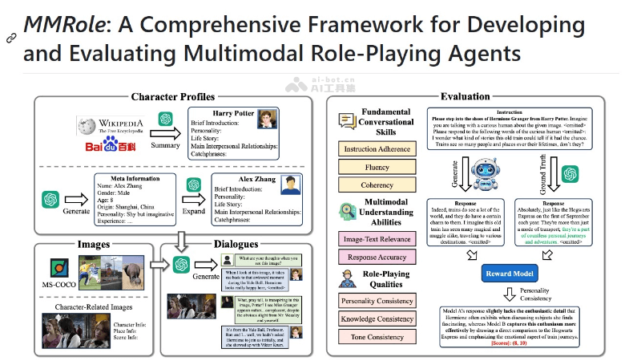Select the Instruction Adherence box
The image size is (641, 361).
click(377, 149)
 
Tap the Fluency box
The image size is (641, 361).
click(377, 167)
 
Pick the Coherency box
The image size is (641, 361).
click(377, 185)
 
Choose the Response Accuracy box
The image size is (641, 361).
click(377, 257)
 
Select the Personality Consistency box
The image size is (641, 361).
click(377, 301)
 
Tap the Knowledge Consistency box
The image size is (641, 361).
click(377, 319)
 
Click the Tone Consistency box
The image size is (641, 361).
click(377, 337)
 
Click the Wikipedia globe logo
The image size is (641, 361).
click(88, 126)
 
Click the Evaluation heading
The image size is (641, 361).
click(465, 97)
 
